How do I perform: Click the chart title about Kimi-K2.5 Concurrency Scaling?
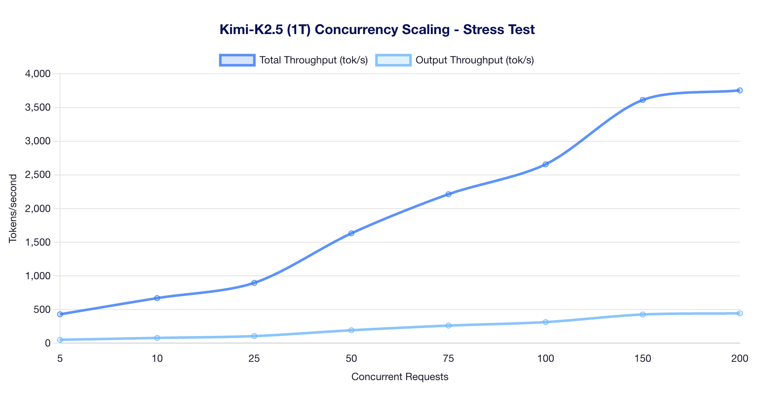377,30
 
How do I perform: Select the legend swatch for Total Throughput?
237,60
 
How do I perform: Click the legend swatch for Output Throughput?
393,60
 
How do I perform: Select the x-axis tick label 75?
448,359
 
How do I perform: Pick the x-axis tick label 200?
739,359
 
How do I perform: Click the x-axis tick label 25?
254,359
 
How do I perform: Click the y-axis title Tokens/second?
13,208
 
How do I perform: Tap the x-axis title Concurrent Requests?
400,377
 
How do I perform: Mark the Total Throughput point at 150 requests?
643,100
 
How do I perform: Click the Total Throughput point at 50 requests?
351,233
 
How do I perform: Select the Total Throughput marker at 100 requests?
546,164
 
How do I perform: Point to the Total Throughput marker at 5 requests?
60,314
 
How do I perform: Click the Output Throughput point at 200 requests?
740,313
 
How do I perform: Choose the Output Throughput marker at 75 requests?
448,326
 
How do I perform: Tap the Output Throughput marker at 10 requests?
157,338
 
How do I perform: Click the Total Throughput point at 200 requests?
740,90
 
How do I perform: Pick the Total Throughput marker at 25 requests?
254,283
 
